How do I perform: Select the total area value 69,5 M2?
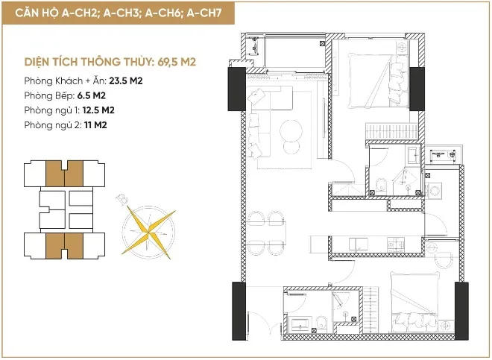pos(177,62)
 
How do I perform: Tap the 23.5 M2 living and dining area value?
pos(126,81)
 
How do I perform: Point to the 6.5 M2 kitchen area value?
pos(91,95)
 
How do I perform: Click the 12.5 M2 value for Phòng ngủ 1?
pos(98,110)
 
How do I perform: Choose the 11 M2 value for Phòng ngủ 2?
pos(95,125)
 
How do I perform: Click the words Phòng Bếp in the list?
pos(49,95)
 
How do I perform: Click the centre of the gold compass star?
pos(148,233)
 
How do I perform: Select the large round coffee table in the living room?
pos(291,130)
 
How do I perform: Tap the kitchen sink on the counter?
pos(359,244)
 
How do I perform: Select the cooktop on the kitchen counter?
pos(395,244)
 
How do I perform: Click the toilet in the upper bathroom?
pos(381,185)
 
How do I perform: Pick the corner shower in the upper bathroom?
pos(406,180)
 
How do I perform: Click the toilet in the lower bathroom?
pos(321,323)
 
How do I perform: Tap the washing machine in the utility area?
pos(435,190)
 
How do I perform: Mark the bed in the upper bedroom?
pos(378,80)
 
